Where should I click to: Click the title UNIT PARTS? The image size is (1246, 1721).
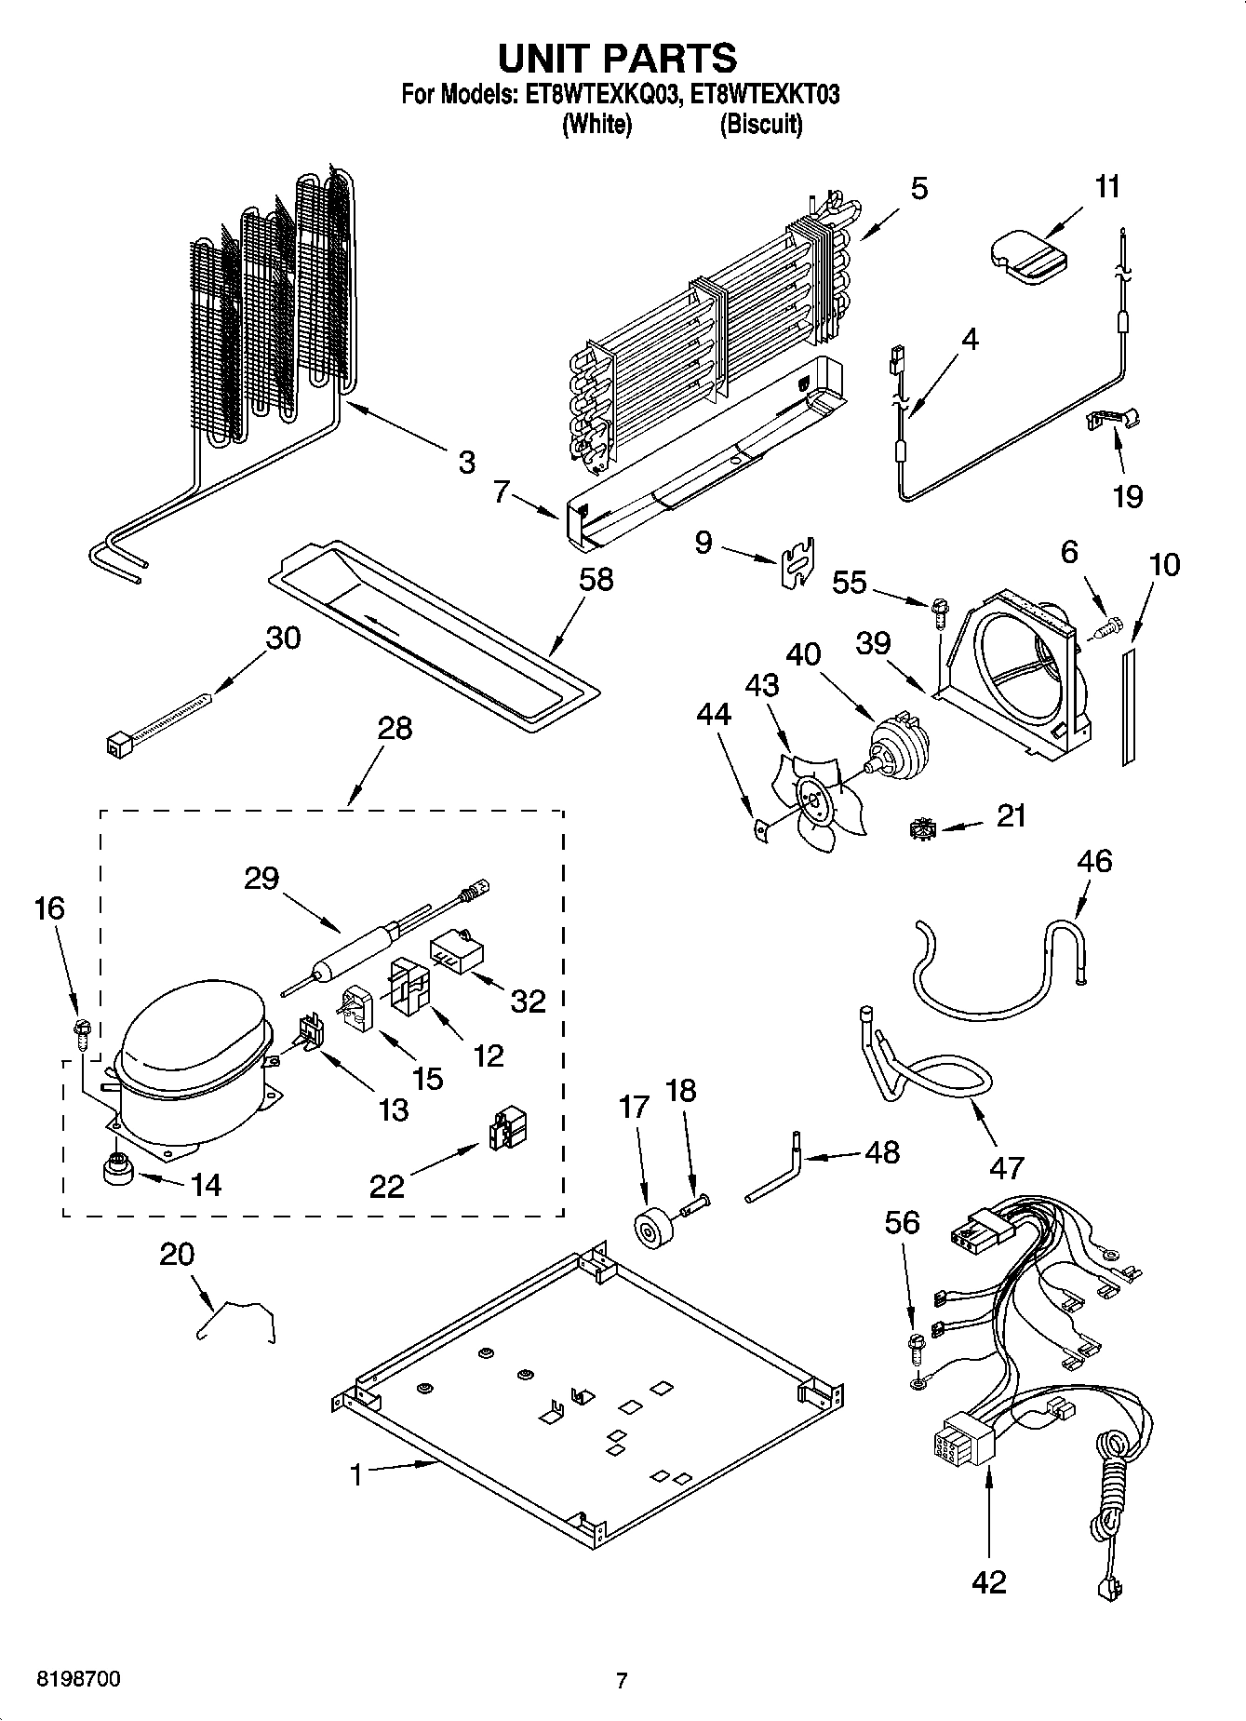pyautogui.click(x=617, y=58)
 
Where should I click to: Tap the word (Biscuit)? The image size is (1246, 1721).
pyautogui.click(x=760, y=124)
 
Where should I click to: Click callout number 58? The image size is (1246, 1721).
pyautogui.click(x=596, y=579)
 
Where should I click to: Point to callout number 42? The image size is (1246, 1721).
pyautogui.click(x=988, y=1581)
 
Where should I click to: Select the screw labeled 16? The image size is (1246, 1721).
pyautogui.click(x=82, y=1028)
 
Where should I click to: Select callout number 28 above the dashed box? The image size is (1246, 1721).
pyautogui.click(x=395, y=727)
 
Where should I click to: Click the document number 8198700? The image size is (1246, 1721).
pyautogui.click(x=78, y=1680)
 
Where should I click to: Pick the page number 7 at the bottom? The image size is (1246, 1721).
pyautogui.click(x=622, y=1681)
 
